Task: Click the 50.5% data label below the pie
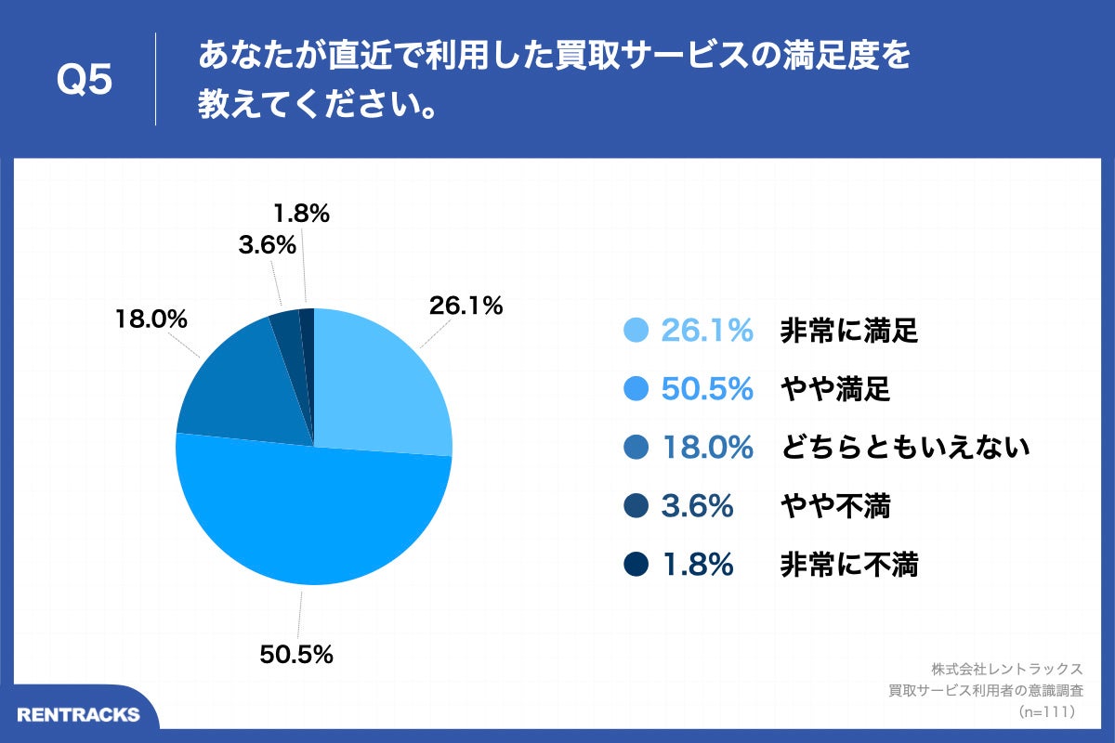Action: pos(296,654)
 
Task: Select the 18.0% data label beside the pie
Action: pos(151,319)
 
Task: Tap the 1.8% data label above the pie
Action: pos(301,214)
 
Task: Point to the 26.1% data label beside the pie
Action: pos(465,305)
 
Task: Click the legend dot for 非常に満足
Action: pos(636,331)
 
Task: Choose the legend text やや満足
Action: pos(834,390)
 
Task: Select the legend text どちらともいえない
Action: pos(905,448)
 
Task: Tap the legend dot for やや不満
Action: pos(636,506)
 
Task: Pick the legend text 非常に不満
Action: pos(848,565)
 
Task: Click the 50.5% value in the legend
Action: pos(706,390)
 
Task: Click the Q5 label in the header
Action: pos(85,80)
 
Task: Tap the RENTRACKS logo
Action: pos(78,714)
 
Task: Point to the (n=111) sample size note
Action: pos(1046,711)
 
